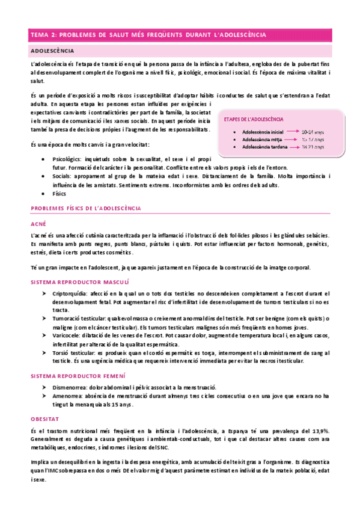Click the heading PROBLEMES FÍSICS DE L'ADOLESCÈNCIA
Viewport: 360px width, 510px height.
click(x=85, y=207)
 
